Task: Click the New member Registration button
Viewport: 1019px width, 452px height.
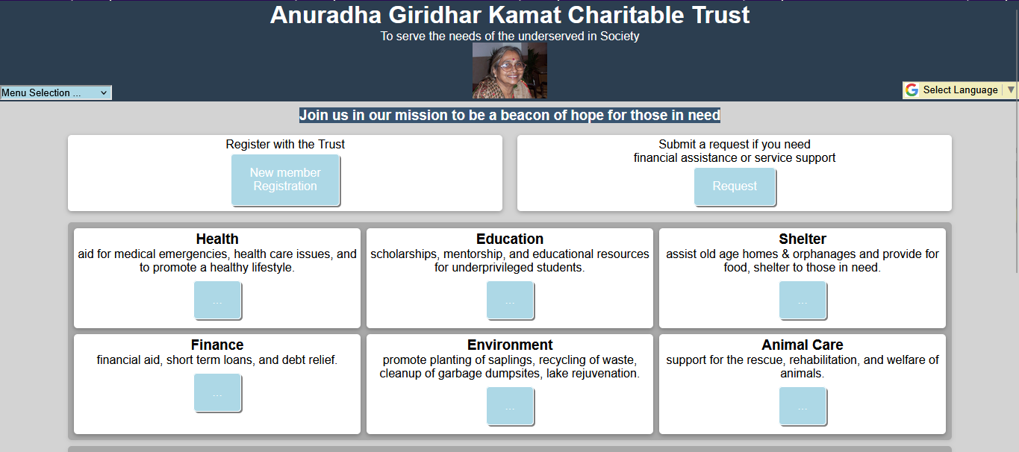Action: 285,180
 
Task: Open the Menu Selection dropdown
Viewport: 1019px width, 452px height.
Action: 55,92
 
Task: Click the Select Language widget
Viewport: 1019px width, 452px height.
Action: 960,90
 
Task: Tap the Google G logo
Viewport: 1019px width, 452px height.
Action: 912,90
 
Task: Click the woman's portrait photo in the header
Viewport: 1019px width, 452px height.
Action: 509,70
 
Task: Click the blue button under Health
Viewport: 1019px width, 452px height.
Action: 217,300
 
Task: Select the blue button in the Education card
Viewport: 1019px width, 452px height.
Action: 510,300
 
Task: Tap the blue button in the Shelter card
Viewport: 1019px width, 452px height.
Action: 803,300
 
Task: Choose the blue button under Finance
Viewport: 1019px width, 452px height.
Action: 217,393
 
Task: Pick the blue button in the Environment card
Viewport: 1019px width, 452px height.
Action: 510,406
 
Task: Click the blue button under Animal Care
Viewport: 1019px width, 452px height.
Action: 803,406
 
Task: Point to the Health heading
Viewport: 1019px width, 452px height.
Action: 217,239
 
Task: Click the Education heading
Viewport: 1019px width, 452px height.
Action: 509,239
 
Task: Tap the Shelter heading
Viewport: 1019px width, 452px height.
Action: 803,239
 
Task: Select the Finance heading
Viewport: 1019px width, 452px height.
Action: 217,345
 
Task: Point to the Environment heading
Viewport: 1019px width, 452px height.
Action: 509,345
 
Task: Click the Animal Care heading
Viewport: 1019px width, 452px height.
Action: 803,345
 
